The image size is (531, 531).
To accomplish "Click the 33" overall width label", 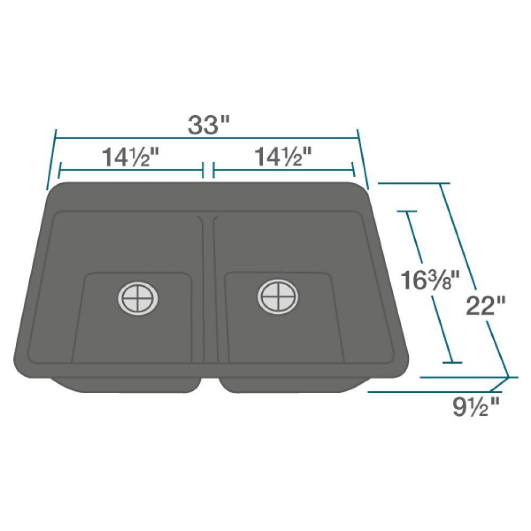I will coord(209,125).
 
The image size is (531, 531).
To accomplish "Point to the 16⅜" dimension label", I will coord(428,280).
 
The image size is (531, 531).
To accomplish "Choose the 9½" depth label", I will coord(476,407).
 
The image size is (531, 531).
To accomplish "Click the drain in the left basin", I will coord(139,296).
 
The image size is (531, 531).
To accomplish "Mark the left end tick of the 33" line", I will coord(52,159).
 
